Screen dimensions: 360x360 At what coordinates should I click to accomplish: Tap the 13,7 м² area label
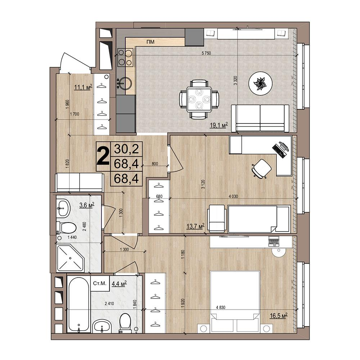point(195,226)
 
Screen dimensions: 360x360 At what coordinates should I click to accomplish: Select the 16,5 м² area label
point(279,316)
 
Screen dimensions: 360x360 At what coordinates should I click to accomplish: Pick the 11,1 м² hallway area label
point(83,87)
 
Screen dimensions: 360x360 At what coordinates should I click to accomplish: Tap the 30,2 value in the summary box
point(126,149)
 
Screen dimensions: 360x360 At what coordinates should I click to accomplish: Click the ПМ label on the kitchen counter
point(150,42)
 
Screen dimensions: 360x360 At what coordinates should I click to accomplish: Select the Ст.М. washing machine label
point(100,283)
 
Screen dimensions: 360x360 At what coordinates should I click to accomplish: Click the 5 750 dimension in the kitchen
point(206,53)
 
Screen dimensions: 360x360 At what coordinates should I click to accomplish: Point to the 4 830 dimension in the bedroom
point(221,307)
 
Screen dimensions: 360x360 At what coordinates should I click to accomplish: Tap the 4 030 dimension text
point(233,196)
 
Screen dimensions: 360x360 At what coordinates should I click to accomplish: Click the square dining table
point(199,99)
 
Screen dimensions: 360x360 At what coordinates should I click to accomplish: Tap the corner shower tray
point(70,258)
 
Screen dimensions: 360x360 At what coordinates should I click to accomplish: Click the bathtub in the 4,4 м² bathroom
point(78,303)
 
